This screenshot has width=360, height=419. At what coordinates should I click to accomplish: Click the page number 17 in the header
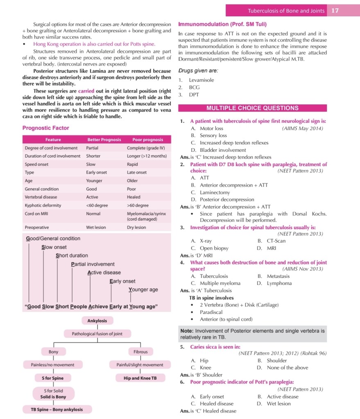pyautogui.click(x=335, y=11)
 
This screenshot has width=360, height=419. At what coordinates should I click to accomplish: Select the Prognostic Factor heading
pyautogui.click(x=46, y=128)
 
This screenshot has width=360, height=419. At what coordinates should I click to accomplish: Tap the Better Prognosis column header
pyautogui.click(x=104, y=140)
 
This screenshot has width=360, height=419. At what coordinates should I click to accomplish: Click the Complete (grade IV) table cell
pyautogui.click(x=146, y=148)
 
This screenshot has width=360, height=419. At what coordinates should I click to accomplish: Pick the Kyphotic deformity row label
pyautogui.click(x=43, y=205)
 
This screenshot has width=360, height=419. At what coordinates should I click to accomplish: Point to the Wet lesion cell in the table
pyautogui.click(x=96, y=228)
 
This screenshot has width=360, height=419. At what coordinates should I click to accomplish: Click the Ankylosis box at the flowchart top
pyautogui.click(x=97, y=321)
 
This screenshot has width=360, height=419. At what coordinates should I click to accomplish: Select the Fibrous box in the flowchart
pyautogui.click(x=140, y=351)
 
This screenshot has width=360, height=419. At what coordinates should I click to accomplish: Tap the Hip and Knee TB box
pyautogui.click(x=140, y=378)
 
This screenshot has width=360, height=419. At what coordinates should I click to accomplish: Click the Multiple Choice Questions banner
pyautogui.click(x=252, y=108)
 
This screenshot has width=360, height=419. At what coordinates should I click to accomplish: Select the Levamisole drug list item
pyautogui.click(x=202, y=80)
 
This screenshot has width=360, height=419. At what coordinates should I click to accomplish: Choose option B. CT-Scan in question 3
pyautogui.click(x=272, y=241)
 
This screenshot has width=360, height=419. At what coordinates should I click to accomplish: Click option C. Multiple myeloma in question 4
pyautogui.click(x=216, y=283)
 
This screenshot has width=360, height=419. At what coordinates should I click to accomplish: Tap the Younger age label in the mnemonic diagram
pyautogui.click(x=143, y=290)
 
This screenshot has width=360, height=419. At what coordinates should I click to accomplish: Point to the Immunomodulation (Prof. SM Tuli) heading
pyautogui.click(x=222, y=24)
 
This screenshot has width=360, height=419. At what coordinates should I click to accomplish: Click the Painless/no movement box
pyautogui.click(x=53, y=365)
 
